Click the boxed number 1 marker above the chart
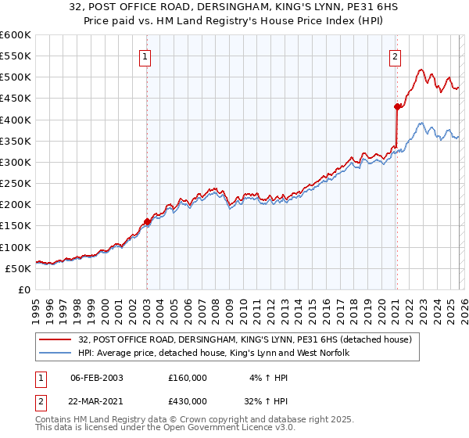pos(146,56)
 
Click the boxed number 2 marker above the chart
pos(396,56)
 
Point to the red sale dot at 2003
pos(147,221)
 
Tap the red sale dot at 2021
pos(397,107)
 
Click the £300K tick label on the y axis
pos(16,162)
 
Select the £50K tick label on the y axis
pos(18,268)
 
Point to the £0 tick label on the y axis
pos(23,289)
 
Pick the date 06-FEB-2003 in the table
pos(96,378)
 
